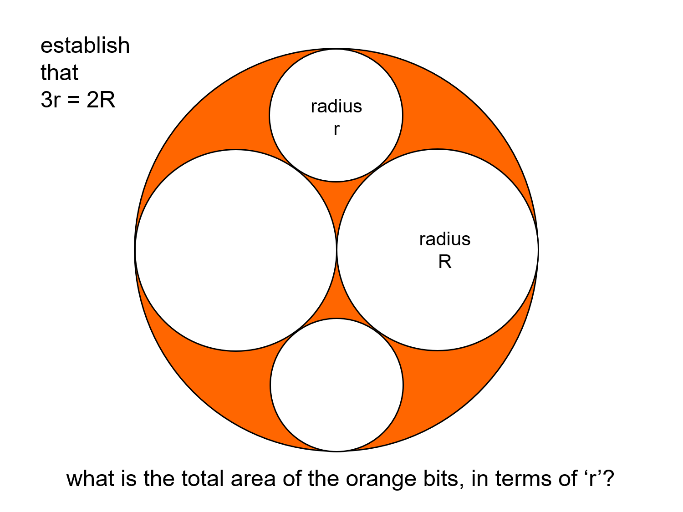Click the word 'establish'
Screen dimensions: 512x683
pos(85,46)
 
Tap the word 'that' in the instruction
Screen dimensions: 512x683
pos(59,73)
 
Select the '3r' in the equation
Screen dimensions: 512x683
pos(50,100)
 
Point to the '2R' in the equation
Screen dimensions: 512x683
pos(101,100)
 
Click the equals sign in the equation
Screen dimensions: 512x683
pos(74,101)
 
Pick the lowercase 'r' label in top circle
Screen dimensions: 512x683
pos(336,130)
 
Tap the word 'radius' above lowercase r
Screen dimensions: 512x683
pos(336,106)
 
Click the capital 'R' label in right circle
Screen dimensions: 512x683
pos(445,262)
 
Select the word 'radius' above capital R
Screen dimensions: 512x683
pos(445,239)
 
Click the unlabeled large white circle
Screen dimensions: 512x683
pos(236,250)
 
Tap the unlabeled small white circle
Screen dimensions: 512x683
pos(336,385)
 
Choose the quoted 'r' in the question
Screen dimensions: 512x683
pos(592,479)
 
